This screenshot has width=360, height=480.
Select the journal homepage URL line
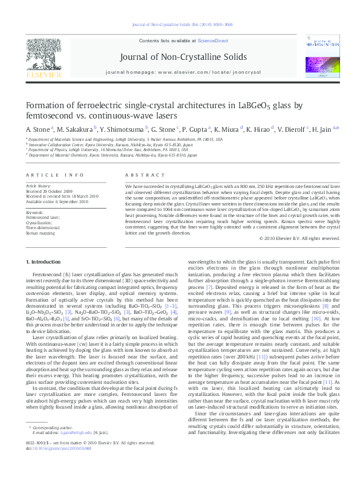tap(183, 71)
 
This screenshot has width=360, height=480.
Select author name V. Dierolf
tap(292, 129)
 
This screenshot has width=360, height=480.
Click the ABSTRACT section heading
tap(137, 175)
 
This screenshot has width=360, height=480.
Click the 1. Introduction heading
tap(45, 261)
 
